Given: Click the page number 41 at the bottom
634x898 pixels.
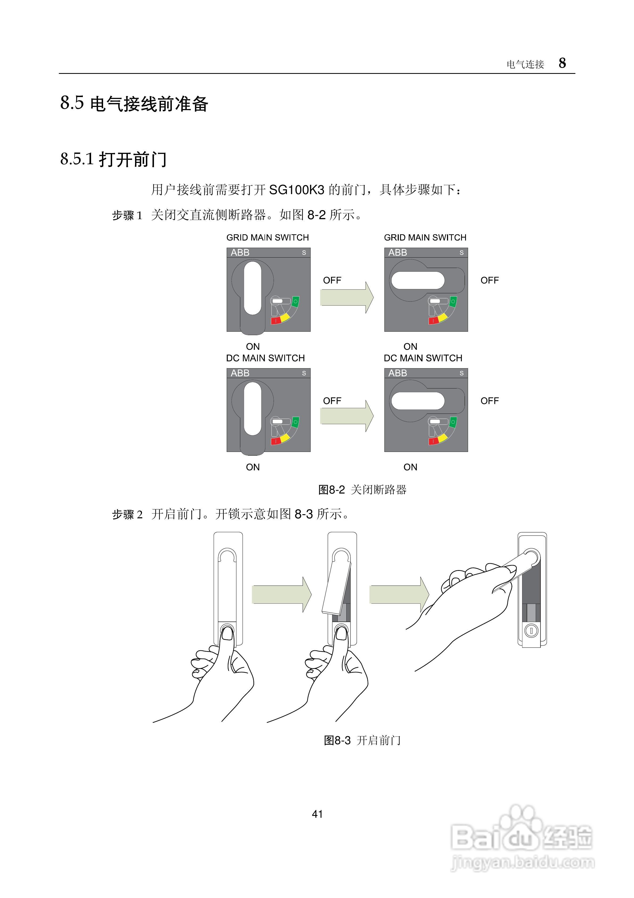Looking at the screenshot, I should (x=317, y=814).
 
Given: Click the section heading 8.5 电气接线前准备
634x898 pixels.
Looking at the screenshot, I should (x=134, y=104).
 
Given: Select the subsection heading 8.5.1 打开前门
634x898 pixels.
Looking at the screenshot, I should (x=113, y=159).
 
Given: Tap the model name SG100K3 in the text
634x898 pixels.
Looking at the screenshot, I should (x=297, y=190).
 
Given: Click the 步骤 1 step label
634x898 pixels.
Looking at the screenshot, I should (x=127, y=215).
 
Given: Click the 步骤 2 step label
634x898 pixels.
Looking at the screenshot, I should (x=127, y=514).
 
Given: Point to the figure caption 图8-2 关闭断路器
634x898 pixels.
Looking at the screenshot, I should (x=362, y=490).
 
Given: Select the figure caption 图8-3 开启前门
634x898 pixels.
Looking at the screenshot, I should (x=362, y=740).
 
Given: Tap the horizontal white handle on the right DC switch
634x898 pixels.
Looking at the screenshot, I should (x=417, y=400).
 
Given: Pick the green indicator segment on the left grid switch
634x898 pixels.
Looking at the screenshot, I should (x=295, y=302).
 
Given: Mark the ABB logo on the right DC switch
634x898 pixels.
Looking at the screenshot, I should (x=397, y=373).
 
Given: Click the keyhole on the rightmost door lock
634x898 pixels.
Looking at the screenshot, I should (x=531, y=631).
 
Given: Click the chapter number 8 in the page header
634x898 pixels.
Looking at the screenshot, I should (x=562, y=63).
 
